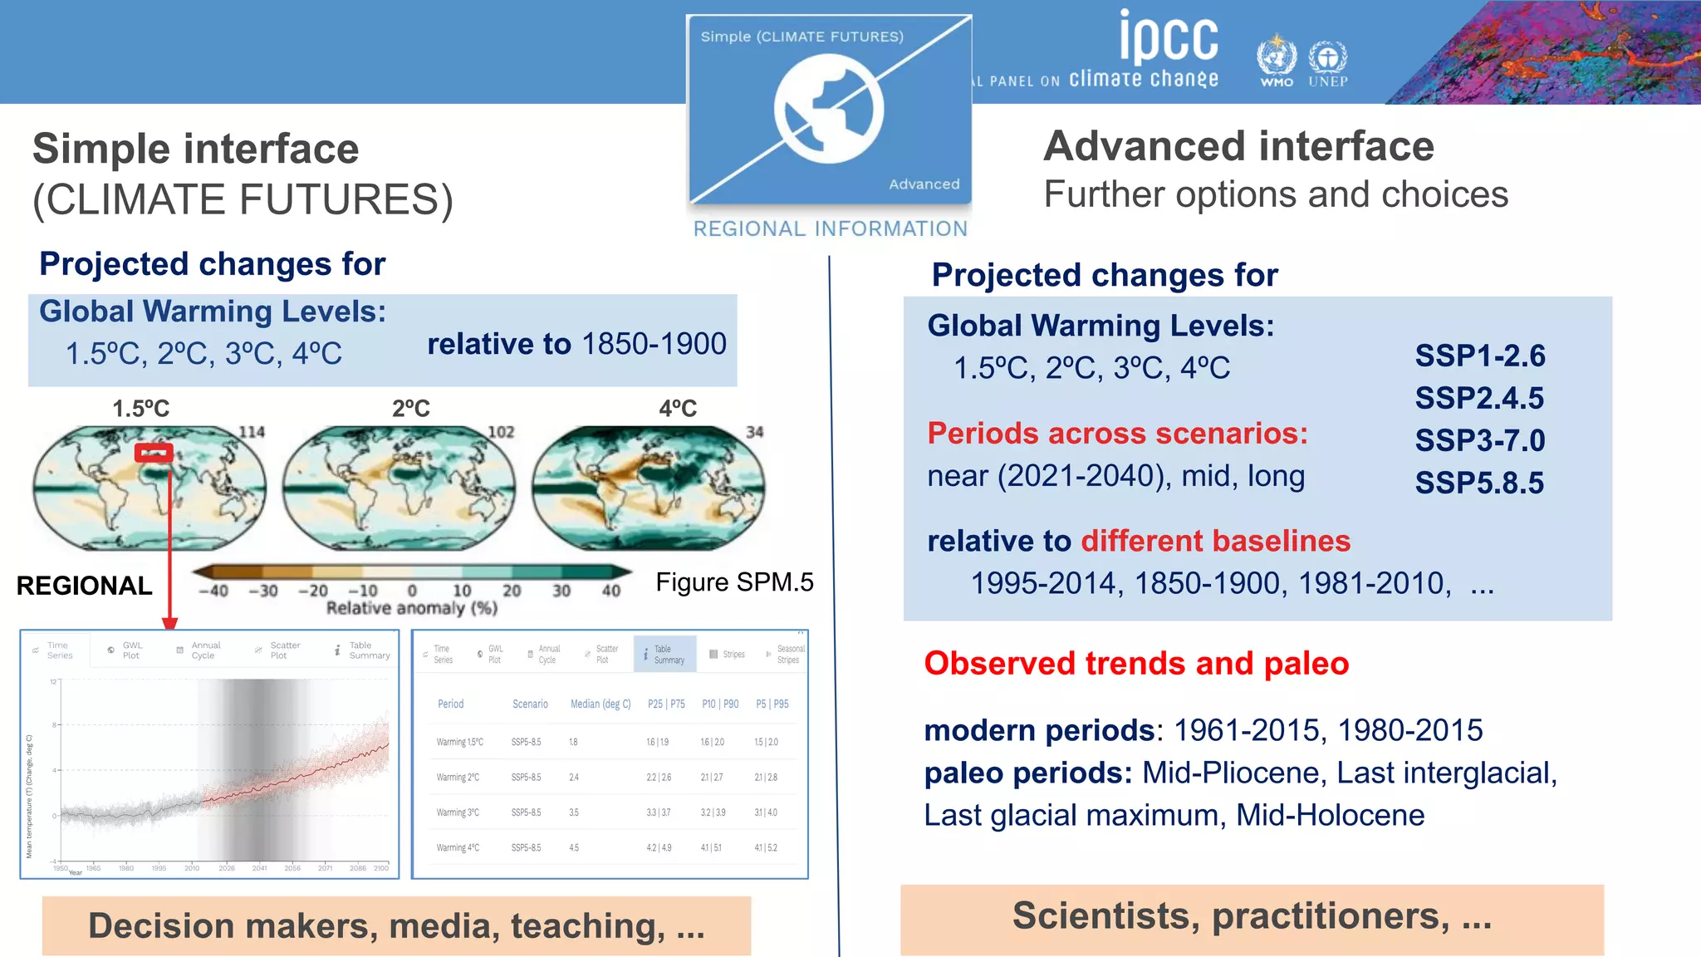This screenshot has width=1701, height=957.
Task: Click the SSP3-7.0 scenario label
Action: click(1479, 440)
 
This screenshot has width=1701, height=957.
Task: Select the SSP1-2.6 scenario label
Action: click(1479, 356)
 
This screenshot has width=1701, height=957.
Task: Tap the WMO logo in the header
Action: click(1276, 60)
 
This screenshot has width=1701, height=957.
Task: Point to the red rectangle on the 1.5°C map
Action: click(154, 453)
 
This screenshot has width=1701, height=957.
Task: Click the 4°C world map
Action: click(648, 488)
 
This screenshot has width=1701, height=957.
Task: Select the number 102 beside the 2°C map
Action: click(501, 432)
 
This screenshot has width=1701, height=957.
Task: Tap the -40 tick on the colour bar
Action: click(213, 591)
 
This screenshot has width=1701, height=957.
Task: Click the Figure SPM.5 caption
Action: click(734, 582)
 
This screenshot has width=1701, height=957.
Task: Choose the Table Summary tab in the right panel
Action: click(664, 655)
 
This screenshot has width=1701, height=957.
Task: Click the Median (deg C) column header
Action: click(600, 704)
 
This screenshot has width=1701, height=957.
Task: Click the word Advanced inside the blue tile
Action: click(924, 184)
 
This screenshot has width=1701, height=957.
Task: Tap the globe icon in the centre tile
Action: click(828, 109)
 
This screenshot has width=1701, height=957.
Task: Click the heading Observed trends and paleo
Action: click(1136, 664)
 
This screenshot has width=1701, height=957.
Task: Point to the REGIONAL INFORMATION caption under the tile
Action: click(831, 228)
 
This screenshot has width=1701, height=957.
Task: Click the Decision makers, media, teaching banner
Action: click(396, 925)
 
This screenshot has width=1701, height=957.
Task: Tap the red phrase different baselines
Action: click(1215, 542)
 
